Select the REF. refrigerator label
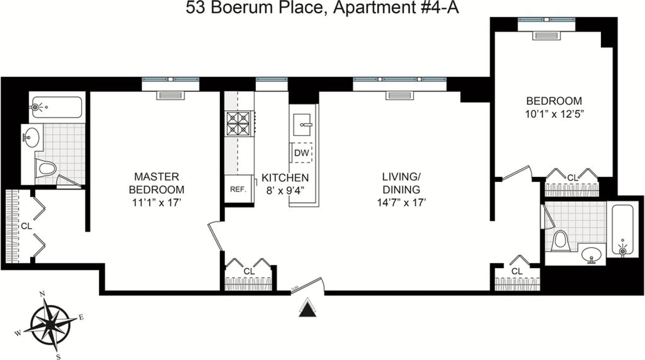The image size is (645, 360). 238,189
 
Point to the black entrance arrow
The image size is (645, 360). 307,309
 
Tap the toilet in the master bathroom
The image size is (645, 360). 47,168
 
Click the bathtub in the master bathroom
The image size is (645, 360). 56,107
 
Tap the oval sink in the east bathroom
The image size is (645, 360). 592,254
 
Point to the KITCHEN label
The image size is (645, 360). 285,177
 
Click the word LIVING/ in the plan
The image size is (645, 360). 400,177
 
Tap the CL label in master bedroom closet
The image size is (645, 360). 26,226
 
